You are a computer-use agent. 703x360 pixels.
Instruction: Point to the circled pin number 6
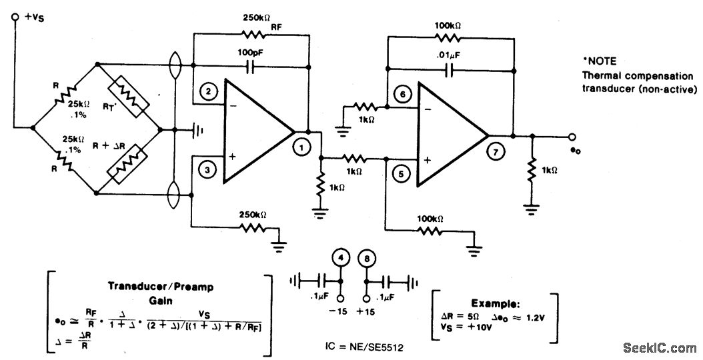(400, 94)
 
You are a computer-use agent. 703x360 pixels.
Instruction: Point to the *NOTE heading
(600, 61)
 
